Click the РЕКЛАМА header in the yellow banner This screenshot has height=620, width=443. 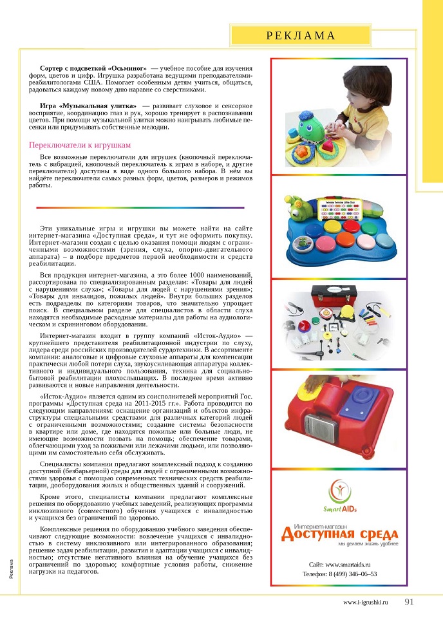click(301, 35)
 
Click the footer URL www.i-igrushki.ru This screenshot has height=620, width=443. click(365, 603)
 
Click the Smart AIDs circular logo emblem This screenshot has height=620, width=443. click(339, 490)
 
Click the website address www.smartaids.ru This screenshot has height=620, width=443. click(340, 564)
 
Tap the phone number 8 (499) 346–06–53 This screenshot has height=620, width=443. click(340, 574)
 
